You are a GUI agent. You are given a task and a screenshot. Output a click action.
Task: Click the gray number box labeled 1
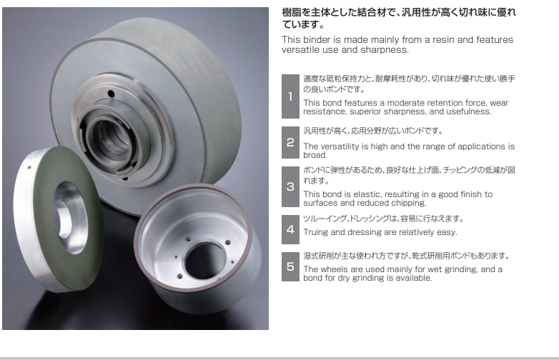pyautogui.click(x=290, y=96)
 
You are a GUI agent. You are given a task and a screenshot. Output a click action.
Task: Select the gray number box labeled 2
pyautogui.click(x=290, y=142)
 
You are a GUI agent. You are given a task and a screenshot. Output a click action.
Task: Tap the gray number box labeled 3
pyautogui.click(x=290, y=186)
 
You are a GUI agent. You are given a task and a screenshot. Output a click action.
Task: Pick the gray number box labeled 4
pyautogui.click(x=290, y=229)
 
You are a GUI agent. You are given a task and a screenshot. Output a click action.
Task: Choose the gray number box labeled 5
pyautogui.click(x=290, y=266)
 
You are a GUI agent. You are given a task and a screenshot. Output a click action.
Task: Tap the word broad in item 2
pyautogui.click(x=315, y=155)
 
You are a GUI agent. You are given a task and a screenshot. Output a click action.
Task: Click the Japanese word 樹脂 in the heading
pyautogui.click(x=292, y=12)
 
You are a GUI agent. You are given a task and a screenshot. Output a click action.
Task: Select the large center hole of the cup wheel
pyautogui.click(x=204, y=261)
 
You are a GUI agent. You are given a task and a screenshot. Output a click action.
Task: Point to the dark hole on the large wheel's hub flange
pyautogui.click(x=111, y=94)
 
